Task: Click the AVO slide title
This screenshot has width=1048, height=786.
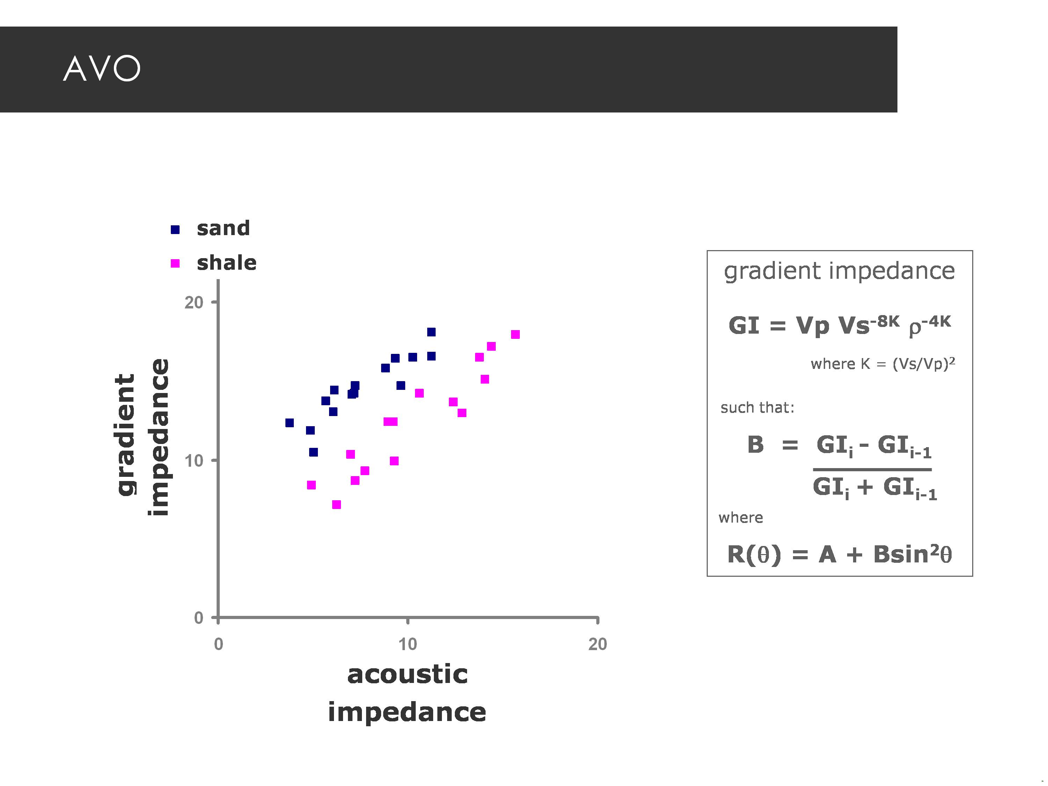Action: coord(102,69)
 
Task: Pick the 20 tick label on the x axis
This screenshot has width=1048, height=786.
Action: coord(597,644)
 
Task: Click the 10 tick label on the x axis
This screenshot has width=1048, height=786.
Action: coord(407,644)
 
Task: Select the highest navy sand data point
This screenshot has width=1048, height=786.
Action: coord(431,332)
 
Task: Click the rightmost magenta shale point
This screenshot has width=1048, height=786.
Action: coord(516,335)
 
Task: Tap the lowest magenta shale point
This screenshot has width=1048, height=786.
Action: coord(336,504)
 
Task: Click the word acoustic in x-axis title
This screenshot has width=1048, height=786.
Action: coord(407,675)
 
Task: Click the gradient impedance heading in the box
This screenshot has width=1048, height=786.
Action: coord(839,271)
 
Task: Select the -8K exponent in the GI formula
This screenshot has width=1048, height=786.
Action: coord(885,322)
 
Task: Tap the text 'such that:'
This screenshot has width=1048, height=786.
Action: coord(757,407)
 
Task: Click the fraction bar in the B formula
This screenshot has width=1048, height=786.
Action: coord(872,470)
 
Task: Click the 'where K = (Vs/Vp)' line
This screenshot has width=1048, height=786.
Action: coord(882,364)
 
